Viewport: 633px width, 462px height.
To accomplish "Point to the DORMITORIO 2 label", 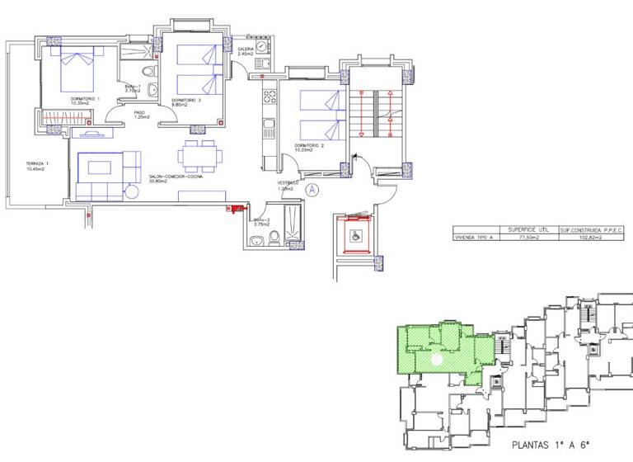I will point(311,146).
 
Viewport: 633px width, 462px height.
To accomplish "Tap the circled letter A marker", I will point(312,189).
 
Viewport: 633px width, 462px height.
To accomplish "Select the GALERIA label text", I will point(246,49).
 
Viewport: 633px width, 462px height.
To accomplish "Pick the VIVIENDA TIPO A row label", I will point(477,238).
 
